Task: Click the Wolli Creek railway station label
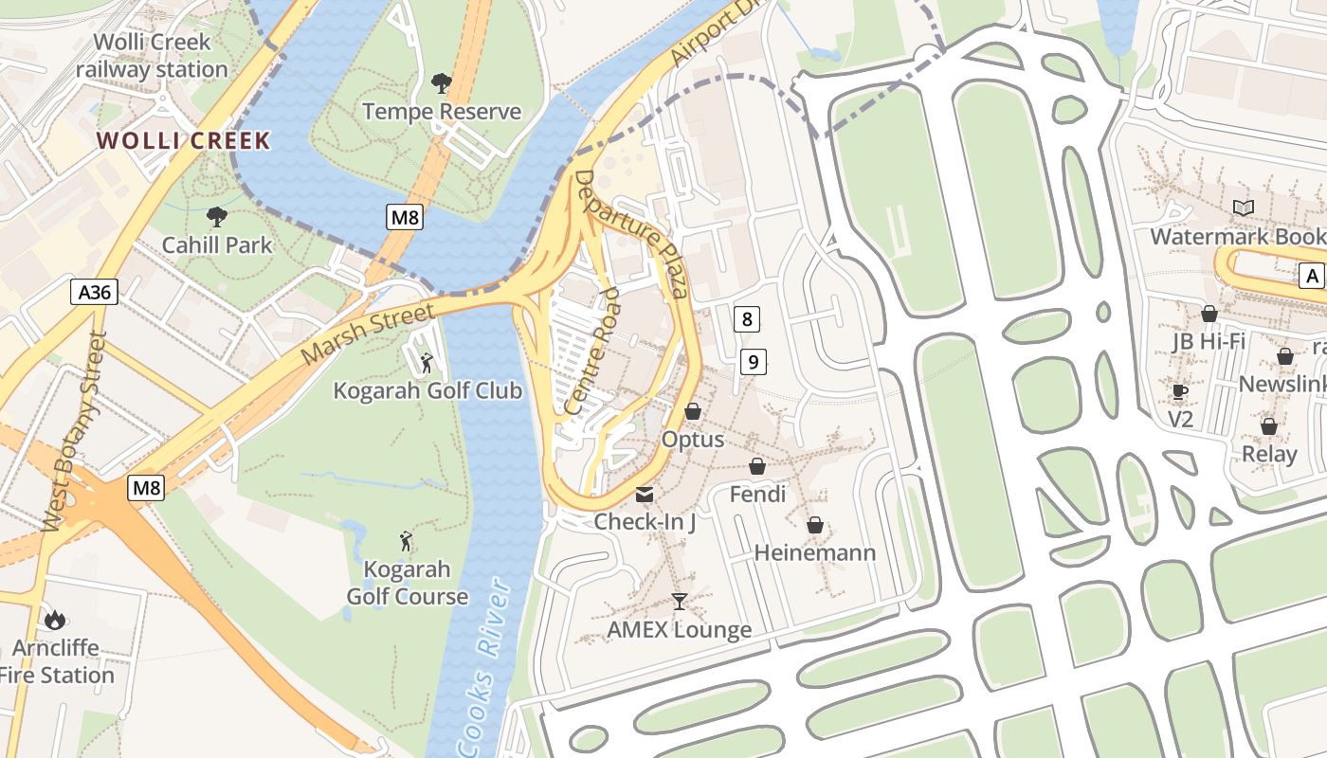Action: click(152, 56)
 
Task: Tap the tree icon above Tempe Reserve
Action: click(441, 83)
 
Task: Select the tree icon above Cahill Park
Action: click(216, 217)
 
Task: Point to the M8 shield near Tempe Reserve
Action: click(405, 218)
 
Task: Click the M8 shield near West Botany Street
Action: click(146, 489)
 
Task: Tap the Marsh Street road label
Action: click(368, 334)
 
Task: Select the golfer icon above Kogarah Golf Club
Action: click(427, 362)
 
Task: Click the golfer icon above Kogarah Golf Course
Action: click(407, 541)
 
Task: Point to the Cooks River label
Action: click(483, 668)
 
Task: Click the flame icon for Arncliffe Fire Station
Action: click(55, 620)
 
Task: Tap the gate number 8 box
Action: click(747, 319)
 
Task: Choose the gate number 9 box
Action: click(753, 361)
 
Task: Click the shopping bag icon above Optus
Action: click(693, 411)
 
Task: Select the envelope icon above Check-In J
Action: click(645, 494)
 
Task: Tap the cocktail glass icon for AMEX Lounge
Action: click(679, 601)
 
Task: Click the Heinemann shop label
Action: click(814, 552)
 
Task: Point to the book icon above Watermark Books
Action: click(1243, 208)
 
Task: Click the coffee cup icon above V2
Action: click(1179, 391)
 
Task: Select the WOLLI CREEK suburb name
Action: click(184, 141)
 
